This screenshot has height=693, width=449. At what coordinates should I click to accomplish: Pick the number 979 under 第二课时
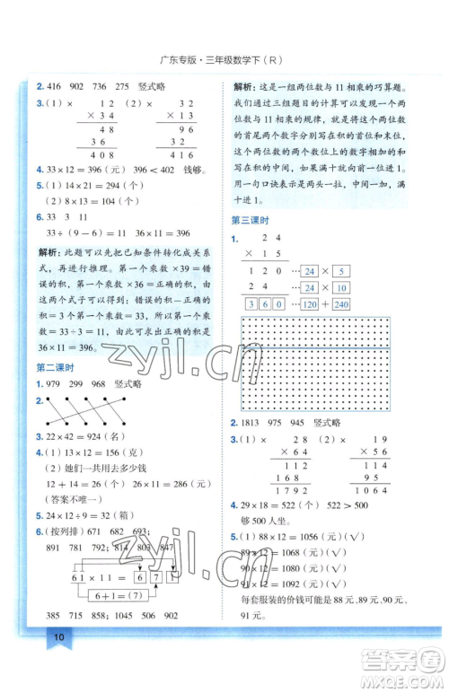click(x=54, y=383)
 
